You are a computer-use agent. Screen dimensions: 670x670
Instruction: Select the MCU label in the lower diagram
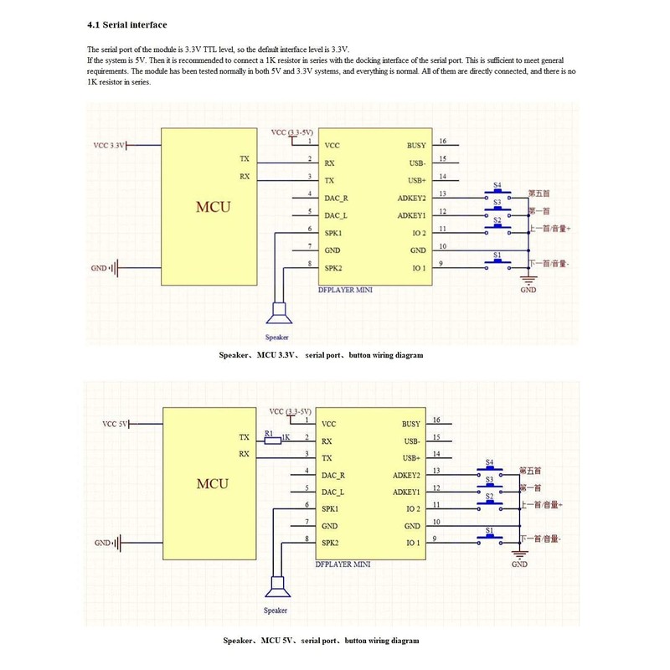(x=212, y=483)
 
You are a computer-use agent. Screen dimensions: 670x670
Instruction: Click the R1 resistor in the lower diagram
(x=271, y=438)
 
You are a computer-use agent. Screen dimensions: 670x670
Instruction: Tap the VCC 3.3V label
(x=109, y=145)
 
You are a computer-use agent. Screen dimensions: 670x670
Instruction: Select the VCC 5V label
(x=114, y=424)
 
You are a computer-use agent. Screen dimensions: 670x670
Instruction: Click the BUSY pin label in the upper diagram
(x=416, y=145)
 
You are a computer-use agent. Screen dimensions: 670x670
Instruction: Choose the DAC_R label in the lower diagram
(x=334, y=475)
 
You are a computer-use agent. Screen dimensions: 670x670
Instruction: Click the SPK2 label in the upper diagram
(x=332, y=268)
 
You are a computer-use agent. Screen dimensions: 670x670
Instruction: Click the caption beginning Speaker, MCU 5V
(x=321, y=641)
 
